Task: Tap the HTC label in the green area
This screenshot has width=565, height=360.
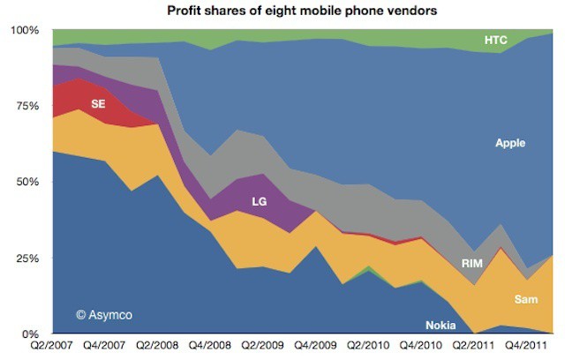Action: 496,40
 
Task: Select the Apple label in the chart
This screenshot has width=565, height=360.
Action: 511,143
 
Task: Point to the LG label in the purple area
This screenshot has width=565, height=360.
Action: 259,202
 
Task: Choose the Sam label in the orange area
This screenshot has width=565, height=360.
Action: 527,299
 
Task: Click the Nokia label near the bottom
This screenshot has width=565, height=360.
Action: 441,324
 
